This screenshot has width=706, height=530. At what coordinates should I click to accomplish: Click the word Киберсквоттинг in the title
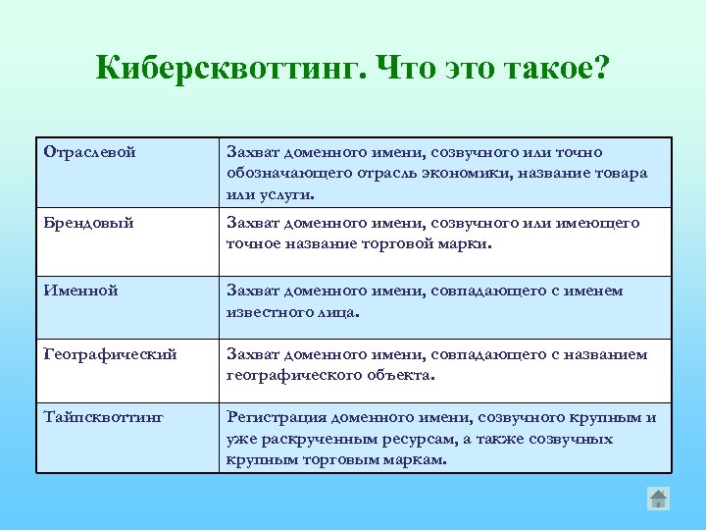click(x=231, y=70)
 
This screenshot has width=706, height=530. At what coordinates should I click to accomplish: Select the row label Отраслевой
click(x=90, y=152)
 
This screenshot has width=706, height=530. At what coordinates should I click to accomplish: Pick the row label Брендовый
click(x=89, y=223)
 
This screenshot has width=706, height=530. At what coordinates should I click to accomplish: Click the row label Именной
click(x=81, y=291)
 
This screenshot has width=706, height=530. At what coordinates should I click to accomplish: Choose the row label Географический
click(x=111, y=354)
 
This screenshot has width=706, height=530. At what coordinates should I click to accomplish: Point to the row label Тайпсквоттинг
click(x=104, y=417)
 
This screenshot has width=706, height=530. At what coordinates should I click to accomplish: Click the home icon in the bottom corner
click(x=658, y=499)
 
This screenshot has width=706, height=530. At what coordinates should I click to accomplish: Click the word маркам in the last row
click(x=416, y=459)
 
